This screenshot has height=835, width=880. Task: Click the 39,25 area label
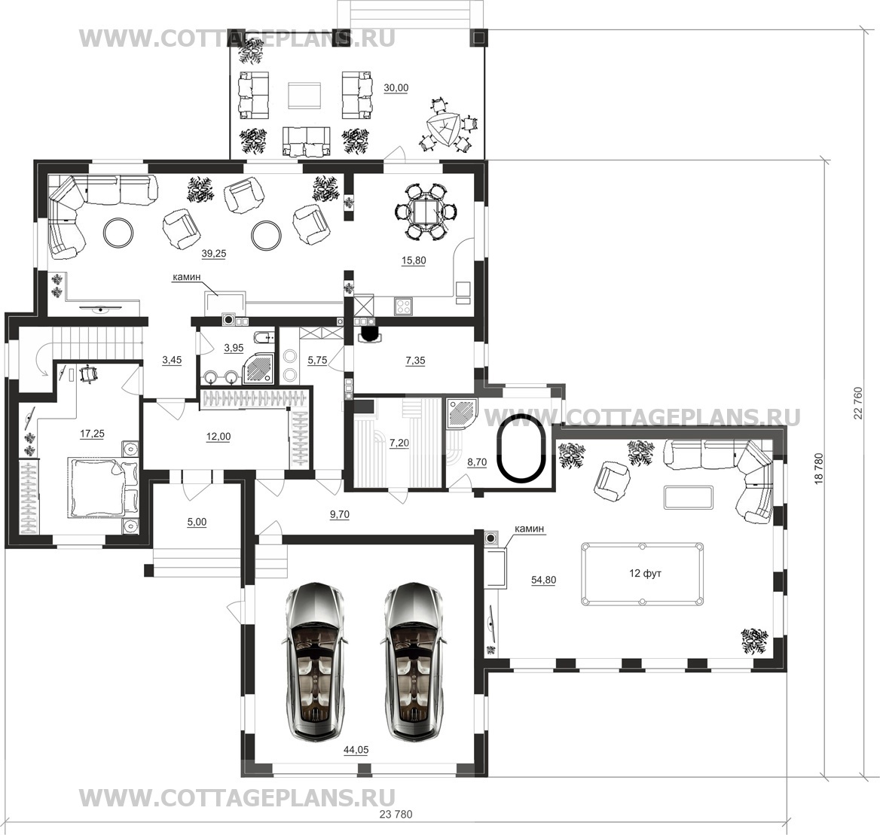coord(214,254)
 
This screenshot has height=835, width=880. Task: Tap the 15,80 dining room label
coord(414,261)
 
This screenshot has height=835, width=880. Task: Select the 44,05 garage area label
coord(356,750)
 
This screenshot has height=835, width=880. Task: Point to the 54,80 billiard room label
coord(543,580)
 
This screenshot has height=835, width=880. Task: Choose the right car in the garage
coord(415,660)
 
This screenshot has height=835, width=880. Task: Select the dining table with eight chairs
coord(426,212)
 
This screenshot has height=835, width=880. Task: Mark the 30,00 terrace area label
coord(396,87)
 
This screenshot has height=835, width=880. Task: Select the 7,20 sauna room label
coord(399,443)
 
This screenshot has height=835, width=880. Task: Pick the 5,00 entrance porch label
coord(197,522)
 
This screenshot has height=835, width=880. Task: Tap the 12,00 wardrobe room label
coord(218,436)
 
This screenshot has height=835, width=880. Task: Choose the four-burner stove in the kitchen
coord(404,306)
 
